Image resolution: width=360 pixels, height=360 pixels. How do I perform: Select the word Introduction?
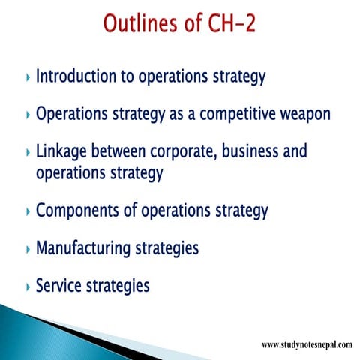pos(80,76)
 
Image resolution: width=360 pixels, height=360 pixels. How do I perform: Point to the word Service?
pos(60,286)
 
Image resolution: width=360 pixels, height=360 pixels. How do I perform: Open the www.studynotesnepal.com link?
pos(307,344)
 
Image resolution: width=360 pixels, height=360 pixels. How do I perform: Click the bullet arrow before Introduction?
pos(28,78)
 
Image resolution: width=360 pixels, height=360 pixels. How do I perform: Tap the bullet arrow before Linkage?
pos(28,154)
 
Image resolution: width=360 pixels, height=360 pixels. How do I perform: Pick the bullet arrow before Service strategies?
pos(28,287)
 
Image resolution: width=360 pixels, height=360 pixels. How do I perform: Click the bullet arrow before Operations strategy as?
pos(28,116)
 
